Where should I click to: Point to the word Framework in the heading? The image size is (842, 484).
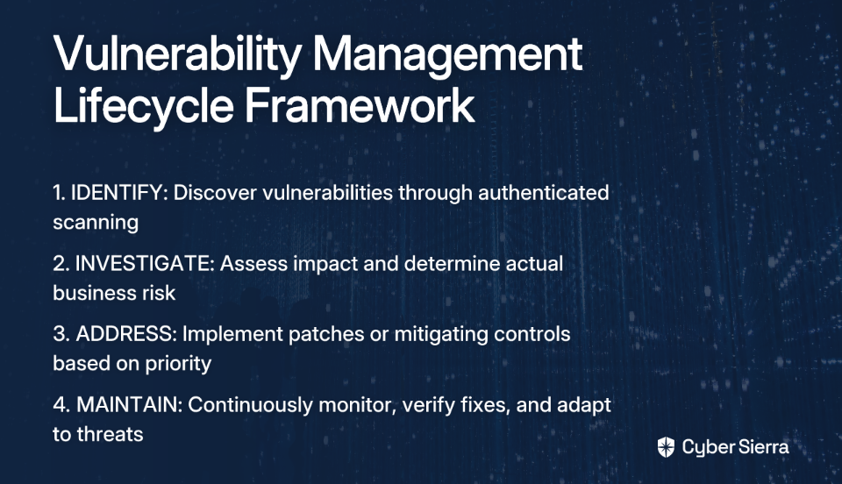pyautogui.click(x=360, y=105)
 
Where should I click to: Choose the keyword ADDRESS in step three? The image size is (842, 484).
pyautogui.click(x=126, y=334)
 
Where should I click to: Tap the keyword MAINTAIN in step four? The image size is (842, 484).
pyautogui.click(x=130, y=404)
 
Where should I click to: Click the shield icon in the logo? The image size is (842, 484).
pyautogui.click(x=666, y=447)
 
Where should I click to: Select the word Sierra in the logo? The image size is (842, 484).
pyautogui.click(x=763, y=446)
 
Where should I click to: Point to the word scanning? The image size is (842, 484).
pyautogui.click(x=96, y=223)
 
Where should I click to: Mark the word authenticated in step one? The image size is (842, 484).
pyautogui.click(x=544, y=193)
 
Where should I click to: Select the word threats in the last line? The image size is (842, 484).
pyautogui.click(x=111, y=434)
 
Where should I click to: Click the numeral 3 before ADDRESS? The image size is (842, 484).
pyautogui.click(x=59, y=334)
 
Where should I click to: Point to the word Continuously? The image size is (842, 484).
pyautogui.click(x=250, y=405)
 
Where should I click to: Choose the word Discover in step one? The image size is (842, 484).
pyautogui.click(x=216, y=193)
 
